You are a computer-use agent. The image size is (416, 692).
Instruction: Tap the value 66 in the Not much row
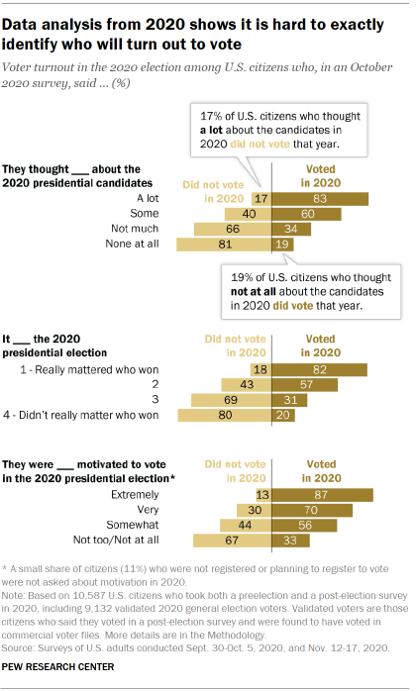click(x=234, y=229)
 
